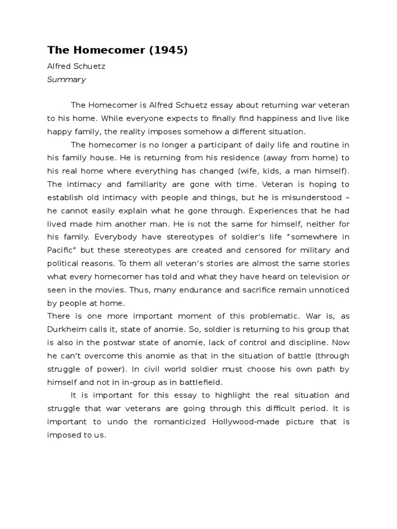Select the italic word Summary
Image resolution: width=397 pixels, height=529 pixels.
66,80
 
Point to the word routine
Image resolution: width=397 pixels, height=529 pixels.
321,145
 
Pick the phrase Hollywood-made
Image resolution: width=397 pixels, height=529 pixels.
245,422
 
